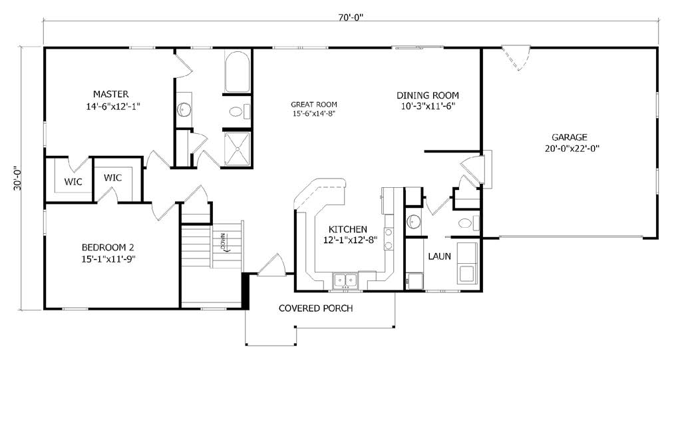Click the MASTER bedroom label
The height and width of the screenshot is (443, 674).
111,94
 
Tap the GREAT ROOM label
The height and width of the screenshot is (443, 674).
314,104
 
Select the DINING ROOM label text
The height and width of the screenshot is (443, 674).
428,95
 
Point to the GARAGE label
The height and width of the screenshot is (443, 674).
570,137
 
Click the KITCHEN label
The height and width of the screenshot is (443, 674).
348,229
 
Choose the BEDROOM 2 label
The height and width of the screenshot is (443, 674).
108,248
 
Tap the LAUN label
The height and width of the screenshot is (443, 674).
439,256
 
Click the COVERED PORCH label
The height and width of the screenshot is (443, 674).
315,308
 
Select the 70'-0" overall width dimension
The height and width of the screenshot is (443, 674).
351,17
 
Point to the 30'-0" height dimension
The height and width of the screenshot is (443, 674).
17,178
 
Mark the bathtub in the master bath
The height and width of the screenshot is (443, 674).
237,72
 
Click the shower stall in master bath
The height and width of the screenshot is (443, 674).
237,149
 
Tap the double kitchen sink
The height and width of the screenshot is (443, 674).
345,281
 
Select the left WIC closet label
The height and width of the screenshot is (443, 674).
73,182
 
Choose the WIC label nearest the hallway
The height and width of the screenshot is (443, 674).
112,177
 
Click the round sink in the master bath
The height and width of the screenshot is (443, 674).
184,109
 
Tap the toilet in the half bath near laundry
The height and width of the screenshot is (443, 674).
468,223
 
